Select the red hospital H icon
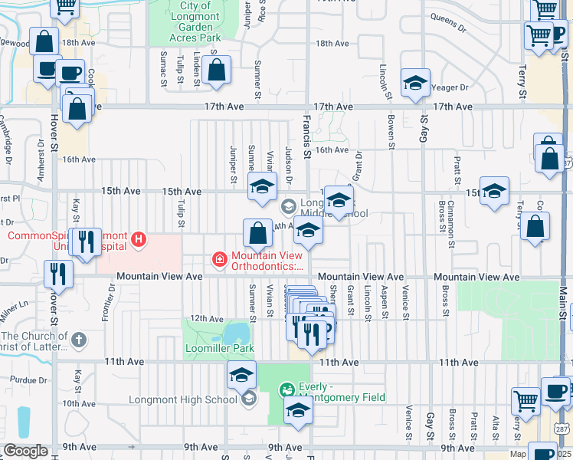point(139,240)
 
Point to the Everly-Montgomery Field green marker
point(287,389)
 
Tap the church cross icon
point(78,338)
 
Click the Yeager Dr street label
point(449,87)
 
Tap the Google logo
point(25,451)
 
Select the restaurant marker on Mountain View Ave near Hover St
point(59,274)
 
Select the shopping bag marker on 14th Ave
point(258,232)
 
